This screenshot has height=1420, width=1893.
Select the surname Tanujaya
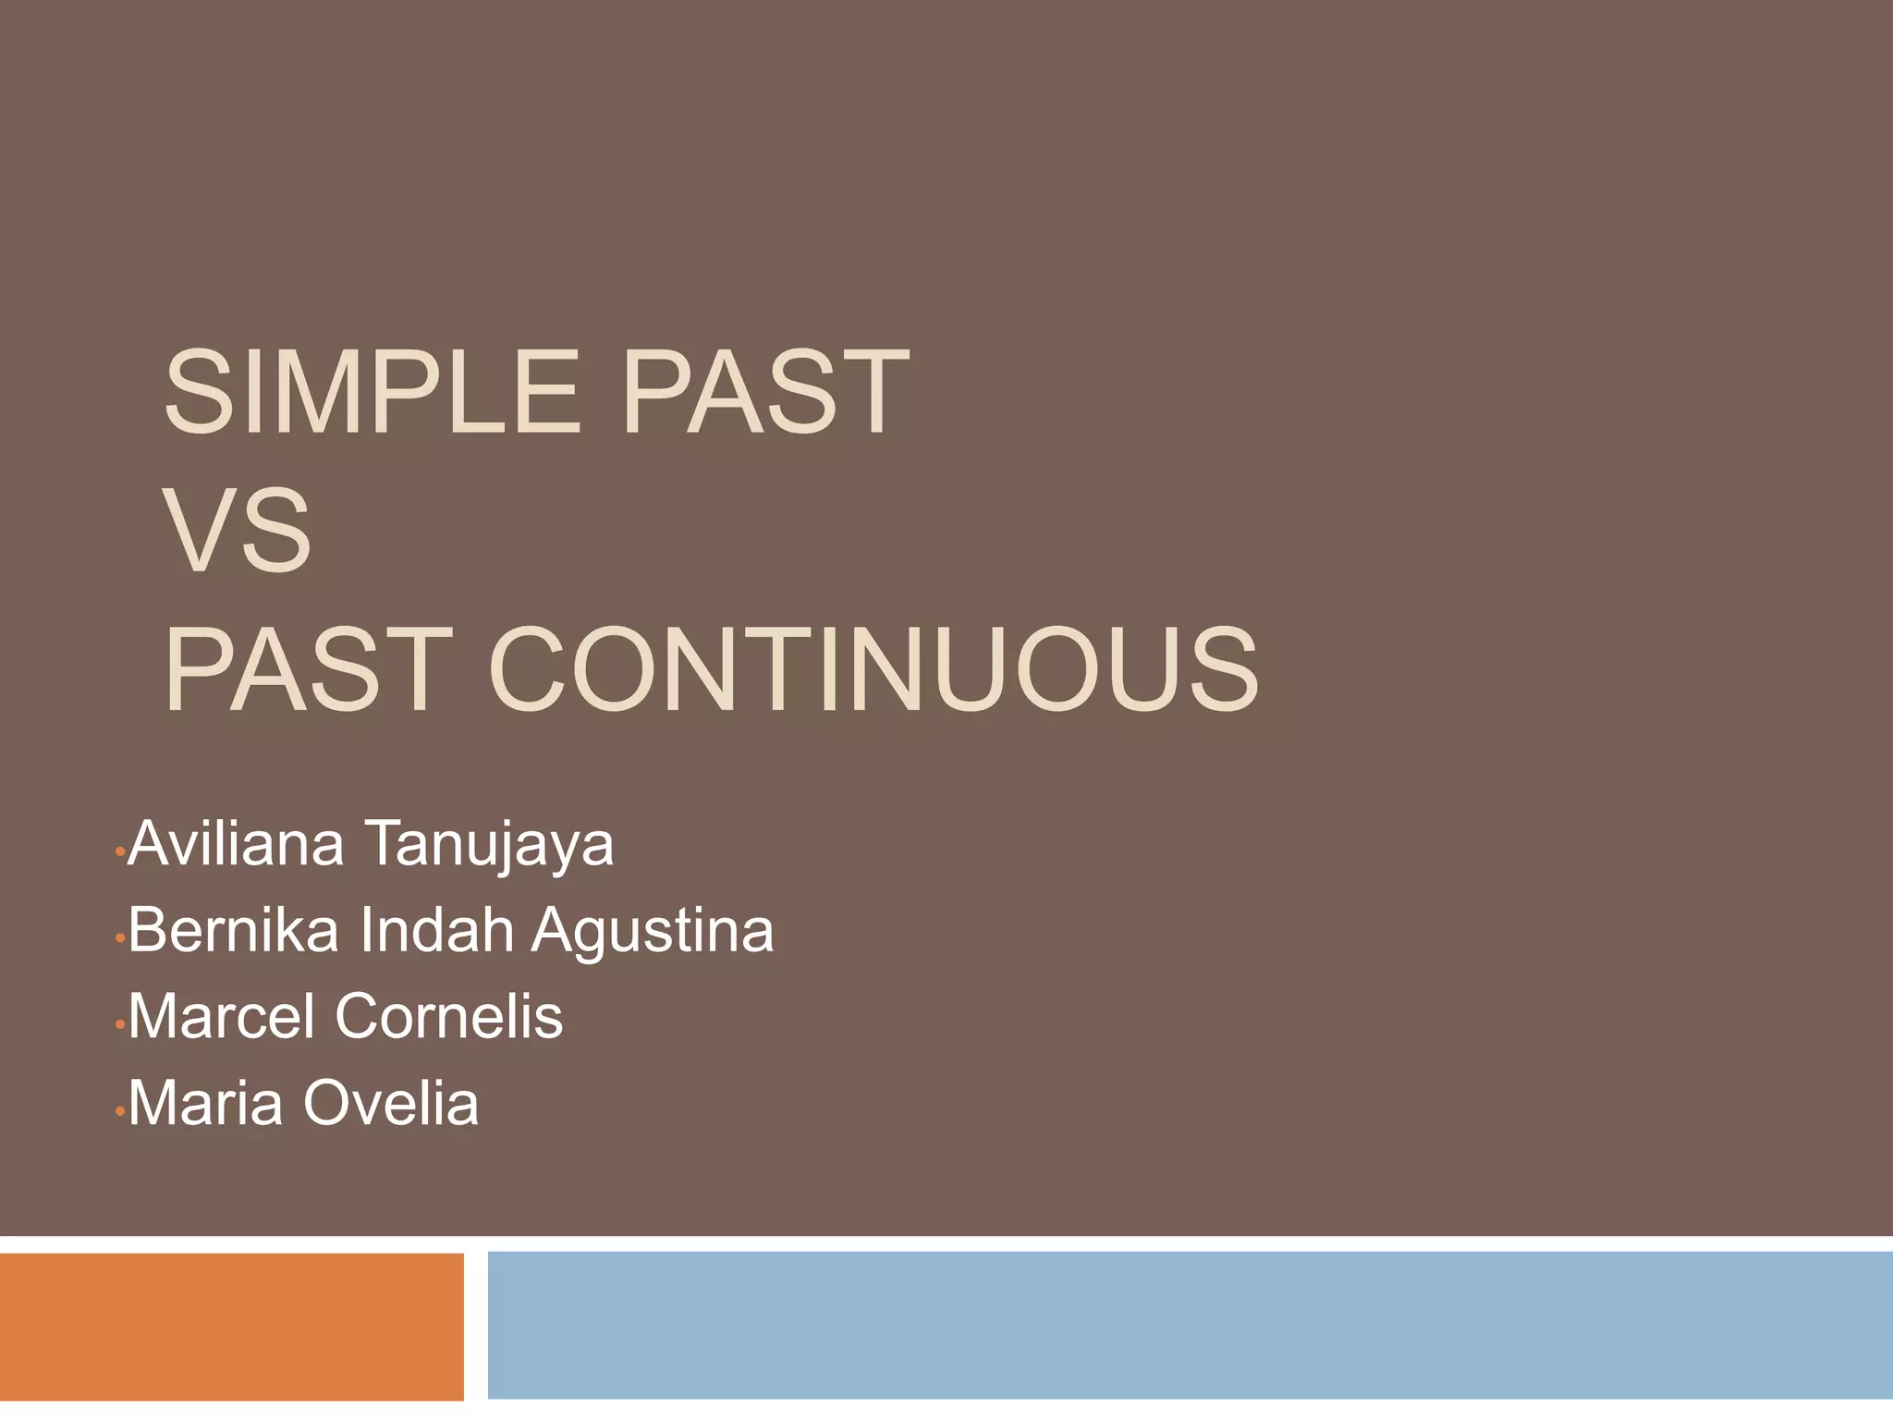tap(490, 846)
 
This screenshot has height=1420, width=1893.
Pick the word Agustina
tap(653, 932)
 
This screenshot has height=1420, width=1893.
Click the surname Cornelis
tap(449, 1016)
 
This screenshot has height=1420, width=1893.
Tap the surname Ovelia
tap(391, 1103)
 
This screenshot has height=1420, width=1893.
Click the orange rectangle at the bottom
tap(231, 1327)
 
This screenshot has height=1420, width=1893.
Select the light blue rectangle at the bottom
tap(1190, 1325)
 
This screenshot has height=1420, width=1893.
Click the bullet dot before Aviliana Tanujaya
tap(119, 851)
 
